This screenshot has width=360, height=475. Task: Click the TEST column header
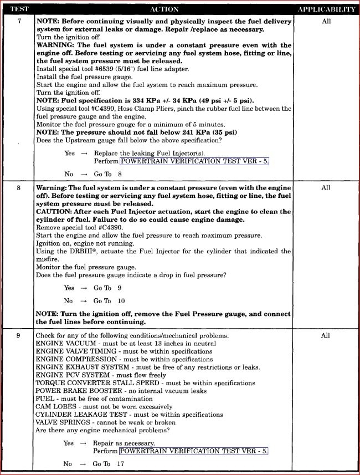18,9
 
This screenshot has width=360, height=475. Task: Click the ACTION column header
164,9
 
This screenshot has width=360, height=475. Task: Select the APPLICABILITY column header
326,9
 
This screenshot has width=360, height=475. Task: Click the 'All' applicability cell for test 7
326,21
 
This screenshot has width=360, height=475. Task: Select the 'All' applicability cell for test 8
326,188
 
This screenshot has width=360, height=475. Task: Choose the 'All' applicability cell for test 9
326,335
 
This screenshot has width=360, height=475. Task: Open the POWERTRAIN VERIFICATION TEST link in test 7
193,161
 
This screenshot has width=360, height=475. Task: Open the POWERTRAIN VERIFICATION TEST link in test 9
193,451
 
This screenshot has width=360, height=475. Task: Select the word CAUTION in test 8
54,212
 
